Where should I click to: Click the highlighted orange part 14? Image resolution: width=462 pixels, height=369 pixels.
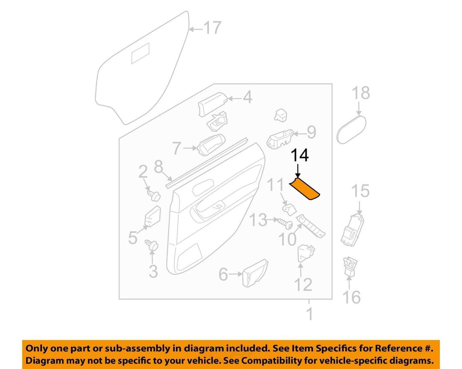(x=305, y=189)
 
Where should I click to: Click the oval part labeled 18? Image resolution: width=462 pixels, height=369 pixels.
(x=351, y=129)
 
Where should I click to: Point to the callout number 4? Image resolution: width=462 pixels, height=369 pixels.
(x=247, y=97)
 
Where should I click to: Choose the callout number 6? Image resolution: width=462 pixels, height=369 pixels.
(x=223, y=274)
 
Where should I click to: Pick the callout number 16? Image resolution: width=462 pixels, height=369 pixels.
(x=352, y=297)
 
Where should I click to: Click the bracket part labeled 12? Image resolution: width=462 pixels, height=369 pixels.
(x=306, y=254)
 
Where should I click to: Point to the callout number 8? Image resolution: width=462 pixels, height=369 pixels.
(x=159, y=167)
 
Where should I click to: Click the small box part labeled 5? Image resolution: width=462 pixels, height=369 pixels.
(x=153, y=217)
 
